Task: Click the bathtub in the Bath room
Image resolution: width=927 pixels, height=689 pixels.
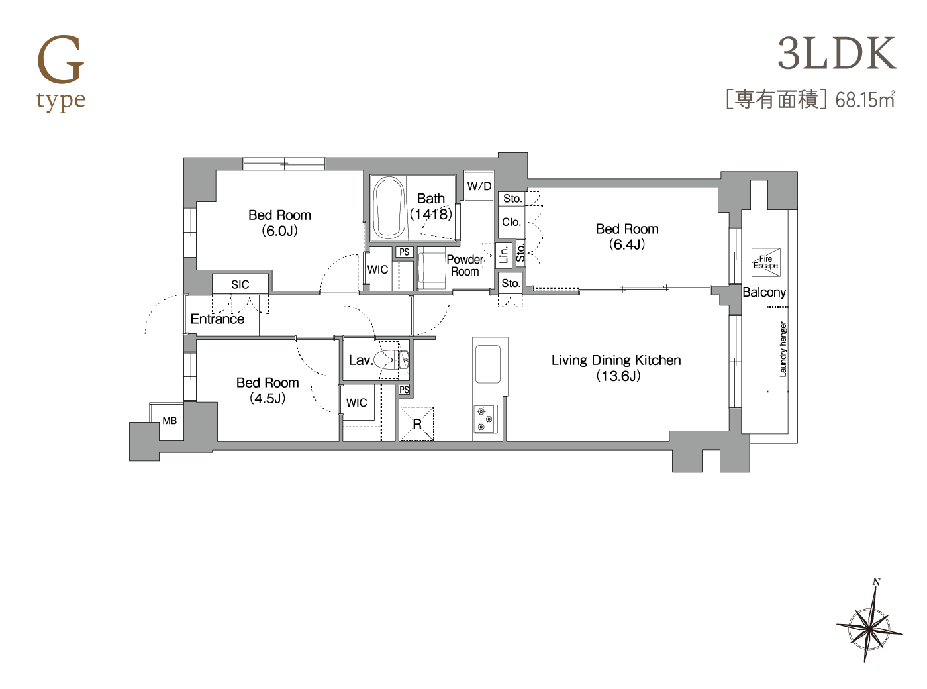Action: (x=389, y=208)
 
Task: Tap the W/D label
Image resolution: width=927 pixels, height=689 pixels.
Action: (x=479, y=186)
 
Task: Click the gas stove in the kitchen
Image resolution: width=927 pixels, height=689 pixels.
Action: (x=485, y=419)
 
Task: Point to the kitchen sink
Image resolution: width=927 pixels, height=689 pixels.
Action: (x=488, y=364)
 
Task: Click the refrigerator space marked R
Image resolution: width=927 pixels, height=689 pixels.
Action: (x=416, y=424)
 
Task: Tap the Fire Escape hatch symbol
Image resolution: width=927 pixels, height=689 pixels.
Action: (x=765, y=262)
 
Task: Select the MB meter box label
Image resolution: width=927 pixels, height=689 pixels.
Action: (x=170, y=421)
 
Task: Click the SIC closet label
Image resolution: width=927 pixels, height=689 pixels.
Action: (x=240, y=284)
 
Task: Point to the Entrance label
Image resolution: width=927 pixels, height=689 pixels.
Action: (x=217, y=319)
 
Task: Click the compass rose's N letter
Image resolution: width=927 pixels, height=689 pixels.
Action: (x=876, y=582)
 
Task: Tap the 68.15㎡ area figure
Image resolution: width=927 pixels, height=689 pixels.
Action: (x=865, y=101)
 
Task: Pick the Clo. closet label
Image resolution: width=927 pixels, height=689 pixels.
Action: (x=512, y=222)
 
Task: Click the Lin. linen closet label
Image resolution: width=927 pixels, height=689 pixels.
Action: (x=504, y=254)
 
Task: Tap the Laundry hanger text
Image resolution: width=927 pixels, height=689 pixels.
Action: (x=783, y=349)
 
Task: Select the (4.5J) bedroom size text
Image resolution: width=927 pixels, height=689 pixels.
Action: (x=268, y=398)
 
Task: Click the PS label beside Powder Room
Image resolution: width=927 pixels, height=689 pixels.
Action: (x=404, y=252)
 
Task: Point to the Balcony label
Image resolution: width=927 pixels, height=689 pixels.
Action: (x=764, y=292)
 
